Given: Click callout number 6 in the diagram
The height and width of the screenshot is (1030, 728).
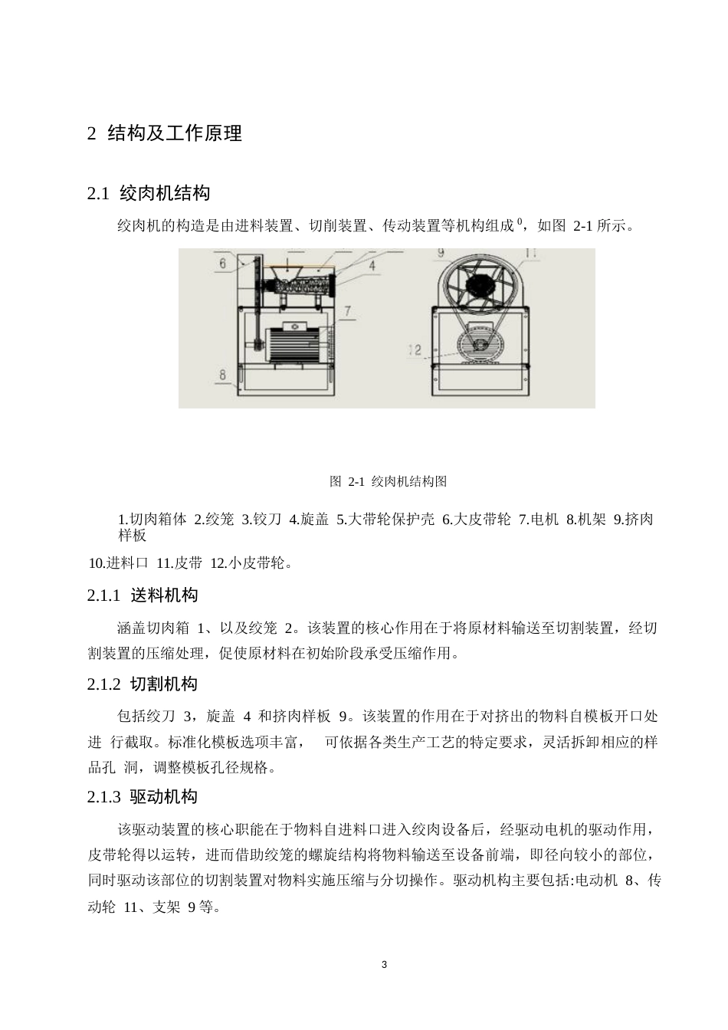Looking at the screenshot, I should point(222,263).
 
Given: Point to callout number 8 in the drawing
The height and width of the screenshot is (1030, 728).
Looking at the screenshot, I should point(223,375).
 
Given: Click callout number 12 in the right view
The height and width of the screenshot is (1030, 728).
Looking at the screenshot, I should point(415,350).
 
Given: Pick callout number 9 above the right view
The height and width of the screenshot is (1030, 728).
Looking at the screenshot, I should point(441,253).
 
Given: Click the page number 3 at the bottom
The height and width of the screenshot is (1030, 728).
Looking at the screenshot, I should point(384,964).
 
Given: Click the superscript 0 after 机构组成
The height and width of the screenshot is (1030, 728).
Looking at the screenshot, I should point(520,222).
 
